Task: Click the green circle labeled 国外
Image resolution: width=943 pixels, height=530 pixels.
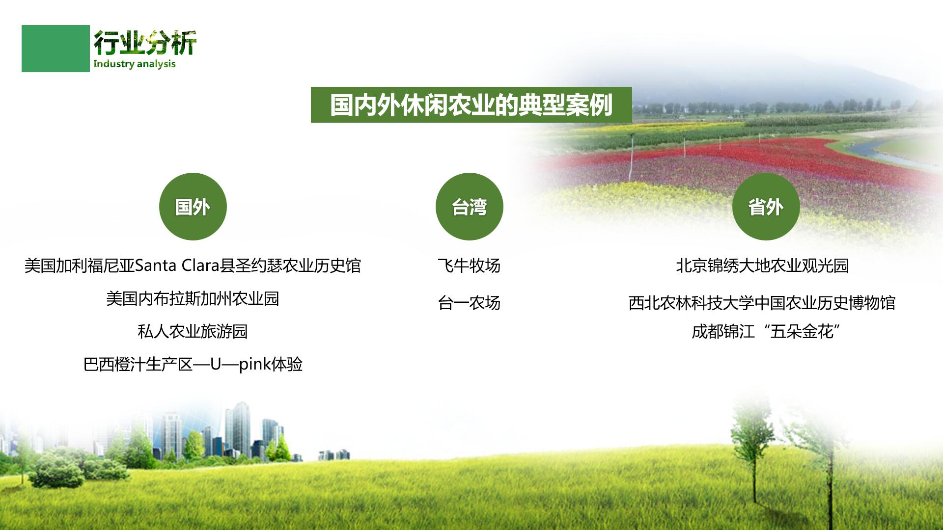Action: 193,207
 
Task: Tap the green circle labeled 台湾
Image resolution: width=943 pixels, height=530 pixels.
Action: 469,207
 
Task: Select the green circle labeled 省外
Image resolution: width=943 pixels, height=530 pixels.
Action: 766,207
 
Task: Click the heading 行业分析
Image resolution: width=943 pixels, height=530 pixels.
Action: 145,43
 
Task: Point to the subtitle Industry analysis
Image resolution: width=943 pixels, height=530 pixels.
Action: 134,64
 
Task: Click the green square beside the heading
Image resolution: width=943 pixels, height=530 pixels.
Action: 55,49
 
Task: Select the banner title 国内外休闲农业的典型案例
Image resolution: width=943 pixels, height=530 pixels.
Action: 471,105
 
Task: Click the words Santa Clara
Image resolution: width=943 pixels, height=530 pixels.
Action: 176,265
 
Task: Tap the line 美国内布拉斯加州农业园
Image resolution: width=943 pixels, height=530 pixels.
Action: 193,298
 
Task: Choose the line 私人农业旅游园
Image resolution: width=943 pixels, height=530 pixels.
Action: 193,331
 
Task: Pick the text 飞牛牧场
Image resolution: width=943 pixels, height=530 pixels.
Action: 469,265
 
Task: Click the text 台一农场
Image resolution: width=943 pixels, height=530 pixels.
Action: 469,303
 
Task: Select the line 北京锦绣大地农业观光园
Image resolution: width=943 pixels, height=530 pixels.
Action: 762,265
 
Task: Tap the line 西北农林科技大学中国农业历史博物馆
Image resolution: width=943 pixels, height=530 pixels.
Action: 762,303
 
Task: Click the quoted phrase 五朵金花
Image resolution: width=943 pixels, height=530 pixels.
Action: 802,332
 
